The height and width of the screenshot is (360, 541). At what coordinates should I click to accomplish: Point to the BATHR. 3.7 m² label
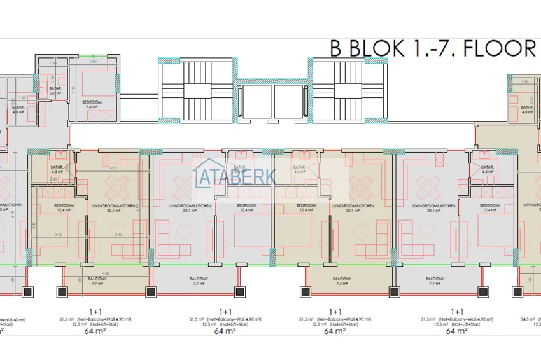55,91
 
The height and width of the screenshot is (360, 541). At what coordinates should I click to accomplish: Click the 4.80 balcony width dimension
89,274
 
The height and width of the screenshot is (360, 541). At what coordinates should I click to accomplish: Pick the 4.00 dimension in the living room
113,168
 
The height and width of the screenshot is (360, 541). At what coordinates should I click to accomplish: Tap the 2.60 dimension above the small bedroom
92,62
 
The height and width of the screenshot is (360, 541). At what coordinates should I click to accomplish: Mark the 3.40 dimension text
118,235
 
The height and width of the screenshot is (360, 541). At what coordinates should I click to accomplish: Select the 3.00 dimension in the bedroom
58,235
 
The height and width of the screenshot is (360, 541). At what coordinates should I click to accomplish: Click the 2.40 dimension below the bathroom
54,179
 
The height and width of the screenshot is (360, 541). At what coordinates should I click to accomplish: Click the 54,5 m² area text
530,319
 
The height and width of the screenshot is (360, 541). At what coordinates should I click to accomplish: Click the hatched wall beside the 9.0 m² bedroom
117,83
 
